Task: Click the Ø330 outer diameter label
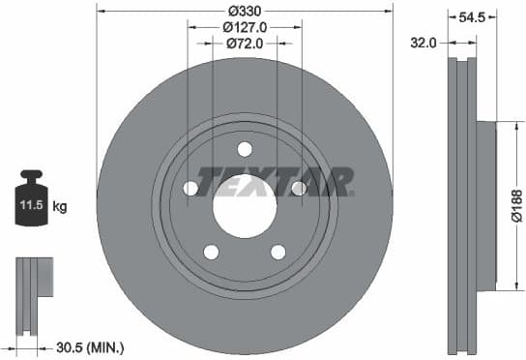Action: [245, 12]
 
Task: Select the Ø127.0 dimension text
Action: [245, 27]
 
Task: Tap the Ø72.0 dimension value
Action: [245, 44]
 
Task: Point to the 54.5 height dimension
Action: [472, 16]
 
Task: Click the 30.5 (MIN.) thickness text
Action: [89, 346]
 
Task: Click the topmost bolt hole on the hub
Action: [245, 148]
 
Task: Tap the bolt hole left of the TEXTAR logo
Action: [190, 188]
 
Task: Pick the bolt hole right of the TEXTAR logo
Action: [299, 188]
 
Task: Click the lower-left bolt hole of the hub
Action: [211, 252]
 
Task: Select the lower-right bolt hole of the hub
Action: [278, 252]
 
